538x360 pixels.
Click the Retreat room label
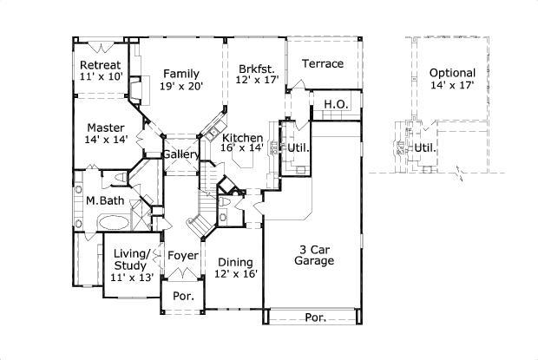[100, 65]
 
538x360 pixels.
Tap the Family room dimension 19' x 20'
[180, 87]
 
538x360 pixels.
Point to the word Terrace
[323, 63]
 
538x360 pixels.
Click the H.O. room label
[336, 104]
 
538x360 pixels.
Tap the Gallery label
[182, 154]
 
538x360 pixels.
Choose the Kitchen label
[242, 139]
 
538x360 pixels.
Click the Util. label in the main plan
[299, 148]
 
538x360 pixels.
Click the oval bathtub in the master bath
[114, 223]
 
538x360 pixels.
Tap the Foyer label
[182, 256]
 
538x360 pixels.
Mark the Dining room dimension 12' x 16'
[236, 274]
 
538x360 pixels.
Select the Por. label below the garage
[315, 317]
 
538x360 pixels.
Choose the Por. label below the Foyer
[182, 295]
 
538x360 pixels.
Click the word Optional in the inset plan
[453, 73]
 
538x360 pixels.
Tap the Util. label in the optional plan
[424, 147]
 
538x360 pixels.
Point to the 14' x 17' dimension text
[453, 86]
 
